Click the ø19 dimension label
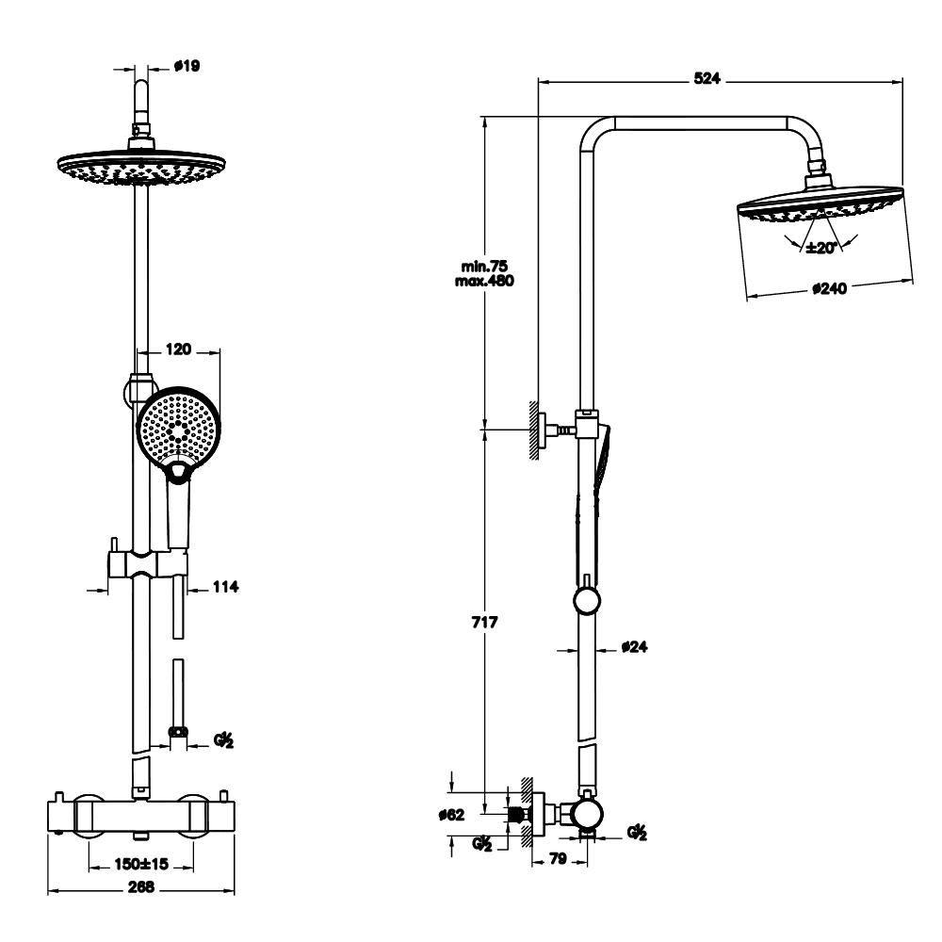tap(187, 66)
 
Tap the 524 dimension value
tap(706, 78)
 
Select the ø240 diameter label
tap(830, 288)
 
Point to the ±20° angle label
tap(821, 248)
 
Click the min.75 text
tap(484, 267)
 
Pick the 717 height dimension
tap(484, 623)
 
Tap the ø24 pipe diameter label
tap(634, 647)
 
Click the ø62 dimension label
tap(452, 815)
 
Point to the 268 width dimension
tap(141, 886)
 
